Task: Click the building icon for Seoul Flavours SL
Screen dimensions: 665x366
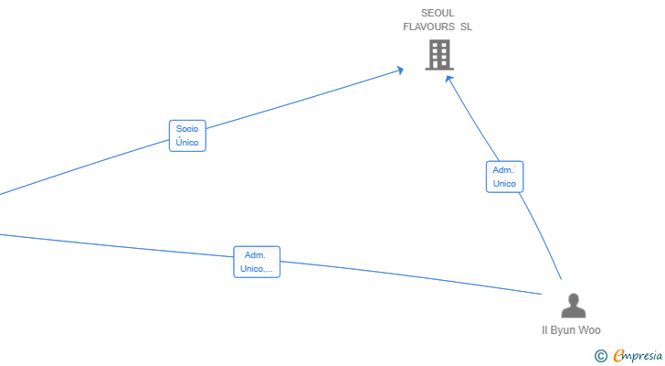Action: point(439,55)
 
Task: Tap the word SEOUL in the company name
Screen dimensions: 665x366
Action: point(438,13)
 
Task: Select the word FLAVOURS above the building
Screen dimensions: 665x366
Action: point(428,27)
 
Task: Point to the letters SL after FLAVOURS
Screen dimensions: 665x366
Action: point(466,27)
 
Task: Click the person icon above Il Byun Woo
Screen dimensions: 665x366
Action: point(574,306)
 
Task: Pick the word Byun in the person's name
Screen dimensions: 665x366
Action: point(563,330)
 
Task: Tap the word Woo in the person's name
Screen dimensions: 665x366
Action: point(588,330)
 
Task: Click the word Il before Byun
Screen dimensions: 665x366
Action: point(544,330)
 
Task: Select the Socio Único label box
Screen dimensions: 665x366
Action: point(187,135)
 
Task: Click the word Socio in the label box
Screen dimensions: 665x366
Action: point(187,129)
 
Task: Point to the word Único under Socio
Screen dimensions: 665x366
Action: point(187,142)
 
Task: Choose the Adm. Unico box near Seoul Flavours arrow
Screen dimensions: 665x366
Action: point(504,177)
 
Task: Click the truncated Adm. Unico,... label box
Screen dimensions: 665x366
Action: point(257,262)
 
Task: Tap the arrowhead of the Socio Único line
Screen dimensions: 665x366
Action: point(400,70)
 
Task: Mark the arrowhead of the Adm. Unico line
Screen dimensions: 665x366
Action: point(449,79)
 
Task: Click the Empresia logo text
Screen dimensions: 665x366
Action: point(638,355)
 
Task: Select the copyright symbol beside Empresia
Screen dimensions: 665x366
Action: point(601,356)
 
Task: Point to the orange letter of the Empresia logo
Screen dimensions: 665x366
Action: point(619,355)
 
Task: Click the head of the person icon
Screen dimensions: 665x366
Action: point(574,299)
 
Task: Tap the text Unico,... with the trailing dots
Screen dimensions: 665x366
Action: point(257,269)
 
